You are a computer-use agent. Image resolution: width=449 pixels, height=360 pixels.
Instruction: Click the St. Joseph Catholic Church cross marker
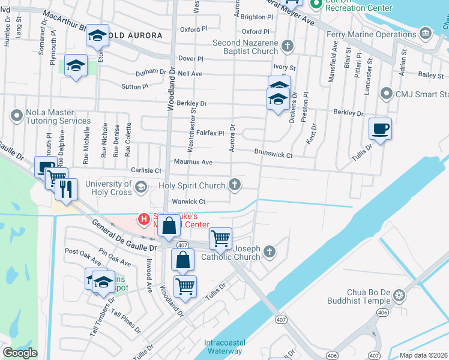(270, 251)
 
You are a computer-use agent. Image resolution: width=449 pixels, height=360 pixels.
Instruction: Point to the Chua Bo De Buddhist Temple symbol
(400, 295)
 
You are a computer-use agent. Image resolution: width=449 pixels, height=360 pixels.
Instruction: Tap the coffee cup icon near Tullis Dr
(380, 128)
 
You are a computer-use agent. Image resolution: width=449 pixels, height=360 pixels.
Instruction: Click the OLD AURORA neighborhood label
(135, 36)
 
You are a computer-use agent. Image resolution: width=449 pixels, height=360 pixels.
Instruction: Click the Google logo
(20, 353)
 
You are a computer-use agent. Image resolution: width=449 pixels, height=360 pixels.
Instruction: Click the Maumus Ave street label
(193, 162)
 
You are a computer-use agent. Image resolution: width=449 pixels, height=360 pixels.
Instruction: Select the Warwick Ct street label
(189, 202)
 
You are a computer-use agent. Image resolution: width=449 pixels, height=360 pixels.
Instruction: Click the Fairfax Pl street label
(210, 133)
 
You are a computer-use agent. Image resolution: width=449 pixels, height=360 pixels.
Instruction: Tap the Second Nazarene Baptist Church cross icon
(288, 46)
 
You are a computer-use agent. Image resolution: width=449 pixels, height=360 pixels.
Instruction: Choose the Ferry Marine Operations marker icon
(426, 32)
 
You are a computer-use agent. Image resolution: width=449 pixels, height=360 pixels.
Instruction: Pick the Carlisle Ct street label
(143, 170)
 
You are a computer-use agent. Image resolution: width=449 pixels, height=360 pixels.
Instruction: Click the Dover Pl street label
(192, 59)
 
